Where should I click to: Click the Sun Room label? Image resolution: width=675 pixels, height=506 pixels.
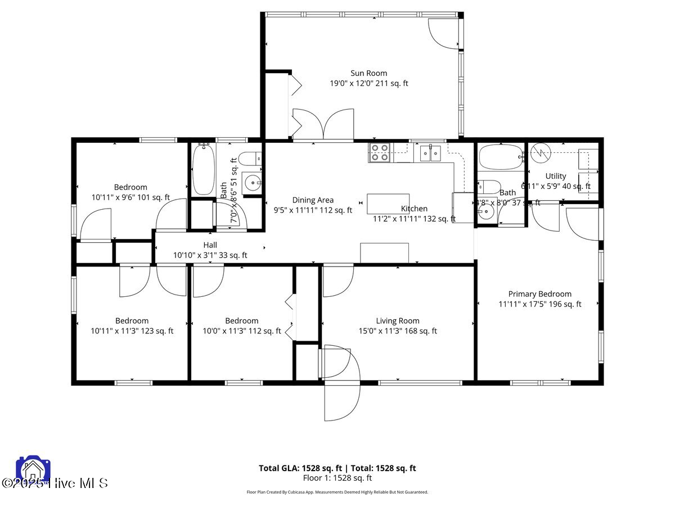(368, 73)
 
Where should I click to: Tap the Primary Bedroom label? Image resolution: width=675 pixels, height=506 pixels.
(539, 294)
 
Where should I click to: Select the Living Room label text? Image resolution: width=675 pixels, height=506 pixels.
(398, 321)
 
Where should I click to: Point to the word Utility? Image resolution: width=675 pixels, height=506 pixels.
(555, 176)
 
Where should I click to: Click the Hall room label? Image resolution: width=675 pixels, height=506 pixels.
(210, 245)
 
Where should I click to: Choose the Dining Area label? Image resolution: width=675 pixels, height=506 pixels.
(313, 200)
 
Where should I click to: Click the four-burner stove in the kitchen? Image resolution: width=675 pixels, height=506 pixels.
(380, 152)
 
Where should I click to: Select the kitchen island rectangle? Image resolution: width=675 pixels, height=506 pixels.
(388, 204)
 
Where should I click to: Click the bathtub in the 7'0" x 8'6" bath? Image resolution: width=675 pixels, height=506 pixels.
(202, 169)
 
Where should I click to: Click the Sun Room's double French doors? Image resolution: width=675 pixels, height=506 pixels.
(323, 124)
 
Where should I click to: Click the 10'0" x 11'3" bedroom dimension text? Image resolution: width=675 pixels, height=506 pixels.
(242, 331)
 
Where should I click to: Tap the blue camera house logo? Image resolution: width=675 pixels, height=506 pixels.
(33, 470)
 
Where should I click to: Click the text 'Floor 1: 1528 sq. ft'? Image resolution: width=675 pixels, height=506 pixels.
(337, 478)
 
